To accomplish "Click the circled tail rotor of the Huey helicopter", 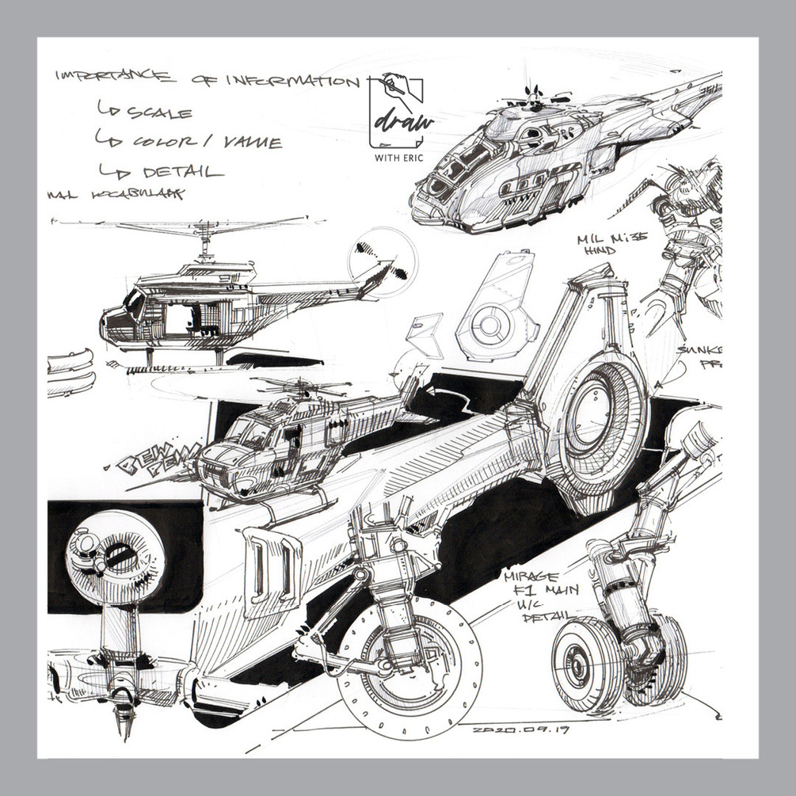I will pos(383,261).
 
